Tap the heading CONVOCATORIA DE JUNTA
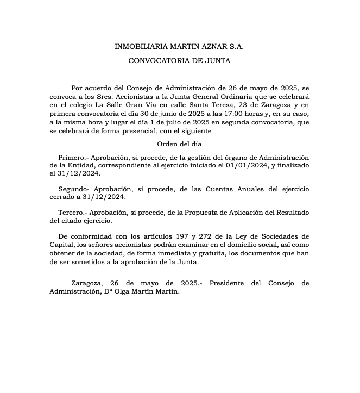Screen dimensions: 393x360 (x=179, y=61)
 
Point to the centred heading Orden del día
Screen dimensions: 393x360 (x=179, y=144)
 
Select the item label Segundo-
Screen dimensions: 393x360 (x=74, y=189)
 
